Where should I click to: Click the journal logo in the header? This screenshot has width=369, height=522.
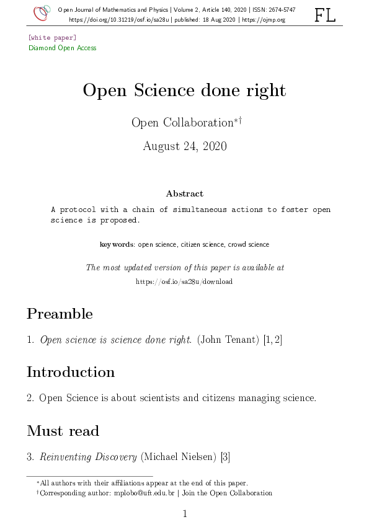click(x=42, y=13)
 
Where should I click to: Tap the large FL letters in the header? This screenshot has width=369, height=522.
click(x=325, y=15)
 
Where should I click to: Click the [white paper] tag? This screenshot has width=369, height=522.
click(x=52, y=38)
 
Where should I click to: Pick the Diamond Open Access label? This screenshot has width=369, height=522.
click(x=63, y=48)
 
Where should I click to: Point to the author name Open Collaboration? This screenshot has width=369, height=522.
click(x=182, y=123)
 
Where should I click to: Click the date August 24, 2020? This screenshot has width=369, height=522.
click(x=184, y=146)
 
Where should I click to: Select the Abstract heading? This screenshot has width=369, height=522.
click(x=184, y=194)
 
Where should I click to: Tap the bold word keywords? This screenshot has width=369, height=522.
click(x=117, y=245)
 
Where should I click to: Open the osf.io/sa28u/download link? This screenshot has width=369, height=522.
click(x=184, y=281)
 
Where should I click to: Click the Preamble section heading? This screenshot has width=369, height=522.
click(x=60, y=314)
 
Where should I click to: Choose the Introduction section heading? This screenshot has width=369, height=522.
click(x=71, y=372)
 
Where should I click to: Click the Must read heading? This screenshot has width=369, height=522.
click(x=63, y=430)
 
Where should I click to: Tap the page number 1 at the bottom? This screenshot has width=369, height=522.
click(x=184, y=513)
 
